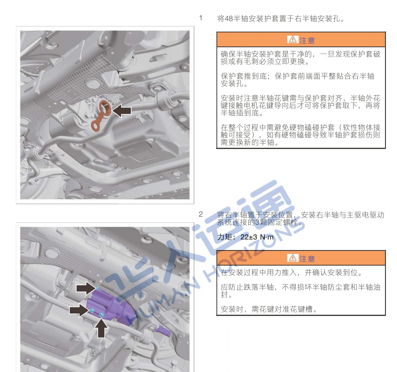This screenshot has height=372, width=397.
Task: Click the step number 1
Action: click(x=201, y=18)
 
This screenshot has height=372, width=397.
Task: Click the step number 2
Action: click(x=201, y=214)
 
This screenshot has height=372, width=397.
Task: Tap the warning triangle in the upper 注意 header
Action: click(x=292, y=40)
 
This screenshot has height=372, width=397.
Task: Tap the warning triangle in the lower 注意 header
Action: click(x=292, y=258)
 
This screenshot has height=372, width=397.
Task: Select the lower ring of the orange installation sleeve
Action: click(x=96, y=126)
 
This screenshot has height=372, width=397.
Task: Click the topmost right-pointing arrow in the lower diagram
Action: click(x=85, y=288)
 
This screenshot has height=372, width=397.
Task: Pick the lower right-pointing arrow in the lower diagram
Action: click(x=79, y=310)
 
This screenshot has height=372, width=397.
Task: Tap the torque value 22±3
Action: click(x=249, y=237)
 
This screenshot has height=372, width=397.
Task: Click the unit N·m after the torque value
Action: click(x=267, y=237)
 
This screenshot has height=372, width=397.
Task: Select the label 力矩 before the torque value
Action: click(x=225, y=237)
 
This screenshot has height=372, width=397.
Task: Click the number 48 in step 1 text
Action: click(x=229, y=19)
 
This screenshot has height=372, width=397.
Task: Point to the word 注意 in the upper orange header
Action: click(x=307, y=40)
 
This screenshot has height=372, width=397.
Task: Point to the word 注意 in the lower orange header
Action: click(x=307, y=259)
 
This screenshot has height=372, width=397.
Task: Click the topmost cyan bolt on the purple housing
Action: click(x=97, y=288)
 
